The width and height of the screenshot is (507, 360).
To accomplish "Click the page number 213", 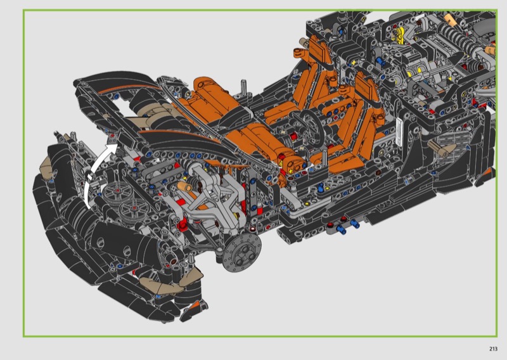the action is (x=493, y=349).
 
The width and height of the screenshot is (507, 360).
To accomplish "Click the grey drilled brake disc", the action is (x=241, y=253).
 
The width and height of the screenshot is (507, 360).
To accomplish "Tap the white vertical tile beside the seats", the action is (x=399, y=132).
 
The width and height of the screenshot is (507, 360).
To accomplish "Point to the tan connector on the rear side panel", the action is (x=442, y=148).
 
